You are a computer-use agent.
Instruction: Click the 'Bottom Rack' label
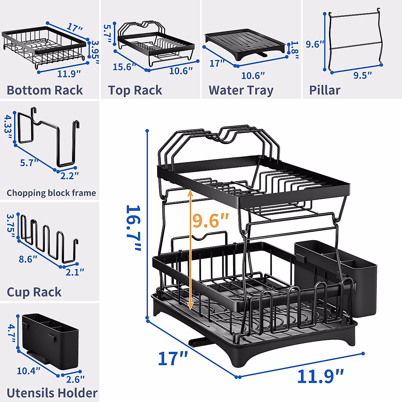coord(45,90)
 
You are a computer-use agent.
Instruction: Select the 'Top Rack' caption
coord(135,90)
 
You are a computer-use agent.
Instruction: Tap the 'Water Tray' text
coord(241,90)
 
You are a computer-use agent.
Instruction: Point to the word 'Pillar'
coord(324,90)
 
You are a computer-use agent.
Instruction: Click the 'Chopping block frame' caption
coord(51,193)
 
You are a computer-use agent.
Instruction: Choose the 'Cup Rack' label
coord(34,292)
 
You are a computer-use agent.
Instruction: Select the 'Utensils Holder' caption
coord(52,393)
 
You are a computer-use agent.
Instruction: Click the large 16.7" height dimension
coord(133,228)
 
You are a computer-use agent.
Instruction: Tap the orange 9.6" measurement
coord(211,220)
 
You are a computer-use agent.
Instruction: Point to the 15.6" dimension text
coord(124,67)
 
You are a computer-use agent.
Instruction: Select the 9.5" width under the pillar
coord(362,75)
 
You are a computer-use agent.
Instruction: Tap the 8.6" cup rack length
coord(28,259)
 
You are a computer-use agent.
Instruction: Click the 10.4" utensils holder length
coord(28,371)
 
